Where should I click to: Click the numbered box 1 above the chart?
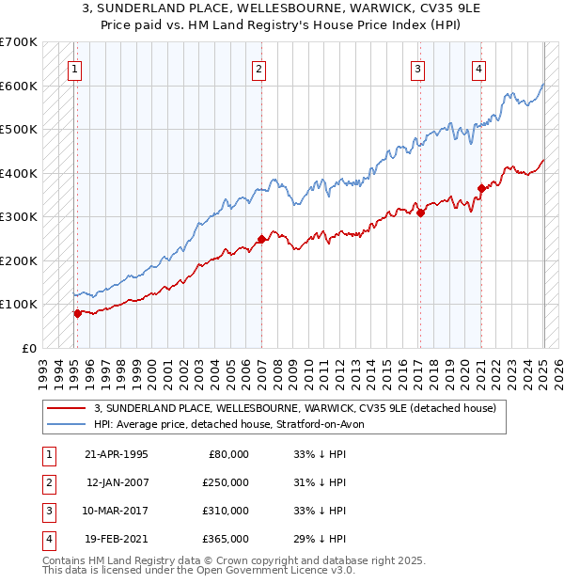73,68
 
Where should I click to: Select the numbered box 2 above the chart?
258,68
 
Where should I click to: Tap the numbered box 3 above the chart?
416,68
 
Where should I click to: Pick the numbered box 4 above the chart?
478,68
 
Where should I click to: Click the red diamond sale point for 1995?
77,313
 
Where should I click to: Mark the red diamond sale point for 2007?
261,239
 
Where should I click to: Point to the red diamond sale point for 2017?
420,213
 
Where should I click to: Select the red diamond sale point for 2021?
481,188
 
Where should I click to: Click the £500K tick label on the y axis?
19,130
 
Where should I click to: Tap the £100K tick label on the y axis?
19,305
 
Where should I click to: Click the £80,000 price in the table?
227,454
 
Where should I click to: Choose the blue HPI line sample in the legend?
67,424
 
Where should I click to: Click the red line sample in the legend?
67,408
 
